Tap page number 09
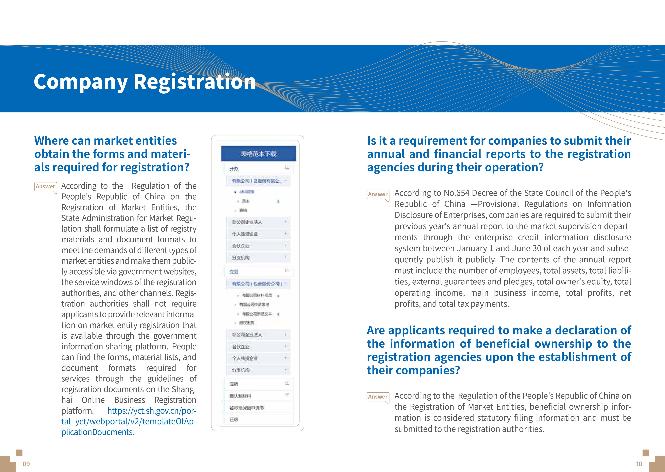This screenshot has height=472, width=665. [x=26, y=464]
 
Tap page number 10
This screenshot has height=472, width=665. [x=639, y=464]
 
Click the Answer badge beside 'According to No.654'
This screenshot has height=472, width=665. [x=378, y=194]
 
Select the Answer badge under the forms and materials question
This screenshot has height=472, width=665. [x=45, y=186]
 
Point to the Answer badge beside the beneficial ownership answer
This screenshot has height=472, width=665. [x=378, y=397]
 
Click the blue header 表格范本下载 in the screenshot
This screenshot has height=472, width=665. [x=258, y=154]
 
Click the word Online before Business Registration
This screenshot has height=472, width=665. [x=93, y=400]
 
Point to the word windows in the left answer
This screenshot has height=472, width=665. [x=108, y=282]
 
